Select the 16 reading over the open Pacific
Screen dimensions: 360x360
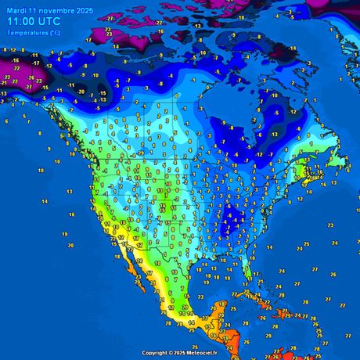pos(71,214)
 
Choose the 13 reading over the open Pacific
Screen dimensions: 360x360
pos(6,93)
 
